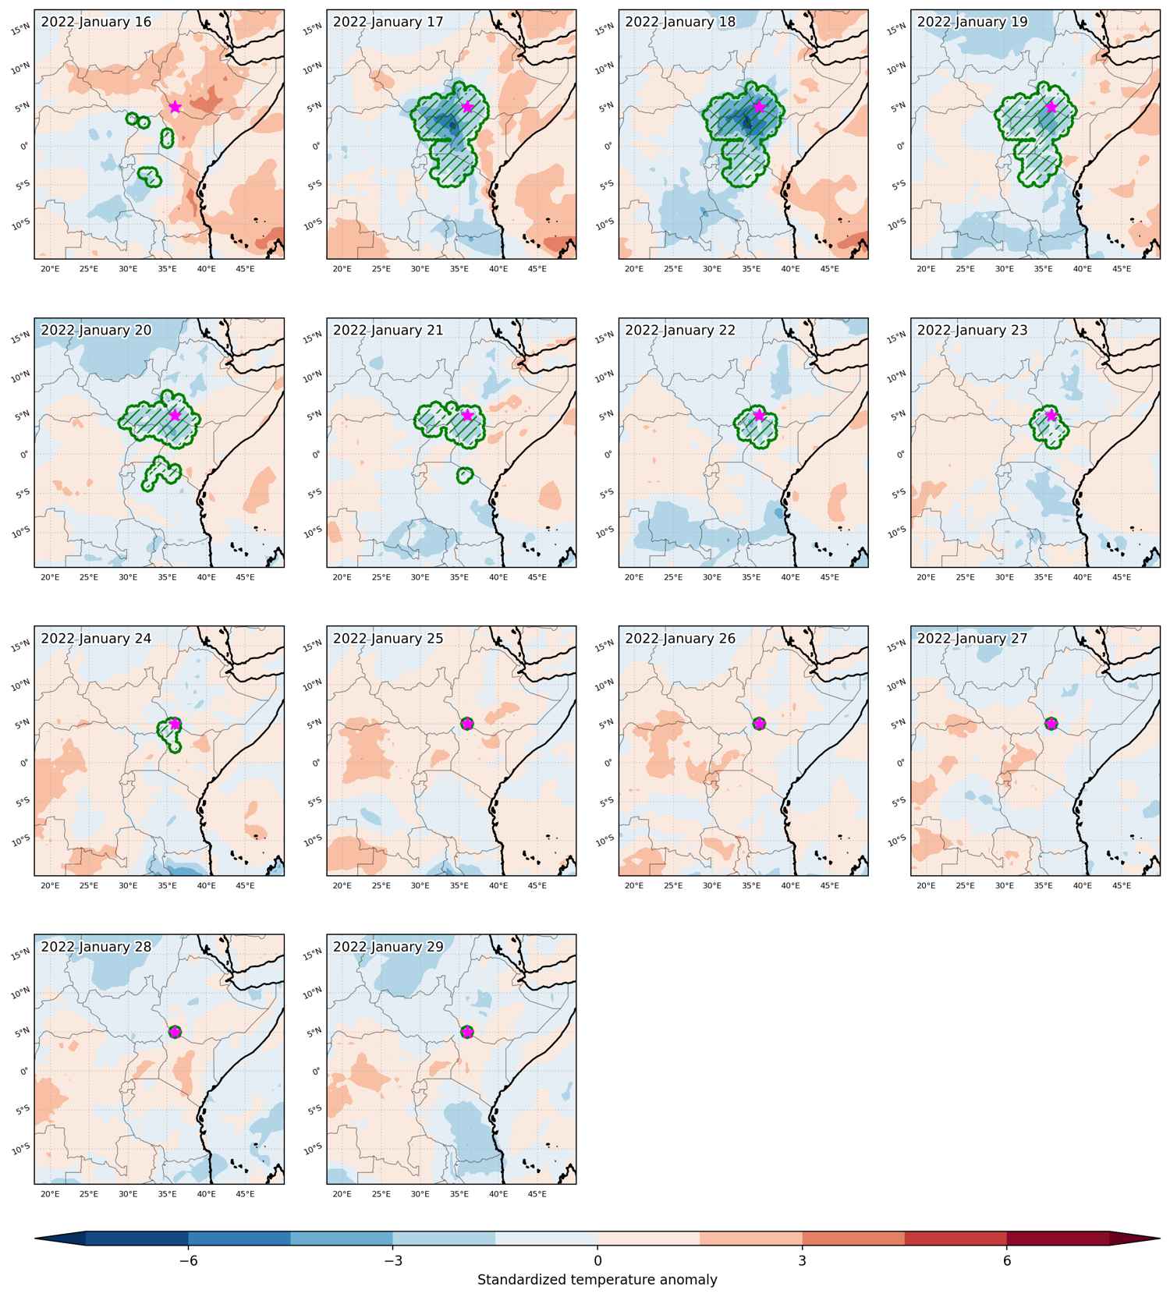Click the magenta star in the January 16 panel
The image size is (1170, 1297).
coord(175,107)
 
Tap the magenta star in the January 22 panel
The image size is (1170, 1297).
coord(759,415)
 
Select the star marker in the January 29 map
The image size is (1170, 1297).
coord(467,1032)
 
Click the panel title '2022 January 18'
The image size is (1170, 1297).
coord(680,22)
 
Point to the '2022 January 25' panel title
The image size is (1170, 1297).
coord(388,638)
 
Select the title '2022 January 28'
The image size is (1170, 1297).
coord(96,946)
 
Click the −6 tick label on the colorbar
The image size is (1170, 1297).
coord(188,1260)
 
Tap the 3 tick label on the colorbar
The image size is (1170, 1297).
coord(802,1260)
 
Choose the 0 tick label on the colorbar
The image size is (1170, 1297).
coord(597,1260)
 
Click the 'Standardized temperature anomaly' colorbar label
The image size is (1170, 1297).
coord(597,1280)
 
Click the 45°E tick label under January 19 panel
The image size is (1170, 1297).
coord(1122,269)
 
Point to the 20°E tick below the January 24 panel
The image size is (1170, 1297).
coord(50,885)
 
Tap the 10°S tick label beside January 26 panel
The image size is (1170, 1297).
coord(604,841)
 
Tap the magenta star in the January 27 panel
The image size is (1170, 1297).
coord(1051,724)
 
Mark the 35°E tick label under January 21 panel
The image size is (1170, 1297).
coord(459,577)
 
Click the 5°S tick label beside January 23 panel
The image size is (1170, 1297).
coord(899,494)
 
